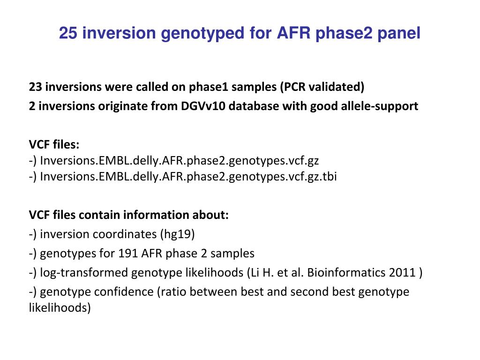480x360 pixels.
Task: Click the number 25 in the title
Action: tap(68, 33)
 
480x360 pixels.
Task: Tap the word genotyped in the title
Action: tap(202, 34)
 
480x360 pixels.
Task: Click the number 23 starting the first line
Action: tap(35, 87)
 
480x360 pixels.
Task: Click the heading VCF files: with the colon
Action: tap(54, 144)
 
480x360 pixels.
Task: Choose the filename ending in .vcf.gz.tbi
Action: tap(188, 177)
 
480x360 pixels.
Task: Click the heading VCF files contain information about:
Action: tap(129, 215)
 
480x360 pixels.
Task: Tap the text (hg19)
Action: tap(178, 234)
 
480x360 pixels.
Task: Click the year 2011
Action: tap(402, 273)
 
